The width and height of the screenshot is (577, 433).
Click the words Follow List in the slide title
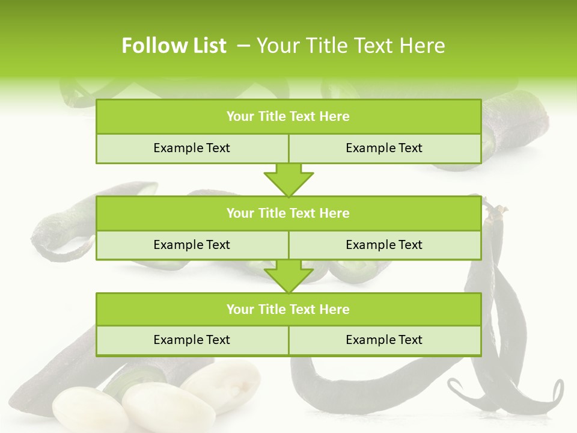(174, 46)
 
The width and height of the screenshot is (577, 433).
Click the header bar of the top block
(288, 117)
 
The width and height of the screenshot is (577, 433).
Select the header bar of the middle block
(288, 213)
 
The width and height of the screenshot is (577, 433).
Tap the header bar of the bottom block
(288, 309)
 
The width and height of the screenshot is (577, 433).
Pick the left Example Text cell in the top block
(192, 148)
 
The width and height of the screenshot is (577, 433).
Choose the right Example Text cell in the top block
(384, 148)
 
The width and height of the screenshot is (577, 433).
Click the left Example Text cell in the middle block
(192, 245)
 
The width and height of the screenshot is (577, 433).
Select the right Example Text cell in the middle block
(384, 245)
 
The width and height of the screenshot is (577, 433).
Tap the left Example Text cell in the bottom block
(192, 340)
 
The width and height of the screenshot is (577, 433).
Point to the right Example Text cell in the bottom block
(384, 340)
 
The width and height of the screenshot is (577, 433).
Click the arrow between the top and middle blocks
(288, 181)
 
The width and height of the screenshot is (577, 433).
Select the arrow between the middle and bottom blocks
(288, 277)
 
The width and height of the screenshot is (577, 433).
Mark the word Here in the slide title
(424, 46)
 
